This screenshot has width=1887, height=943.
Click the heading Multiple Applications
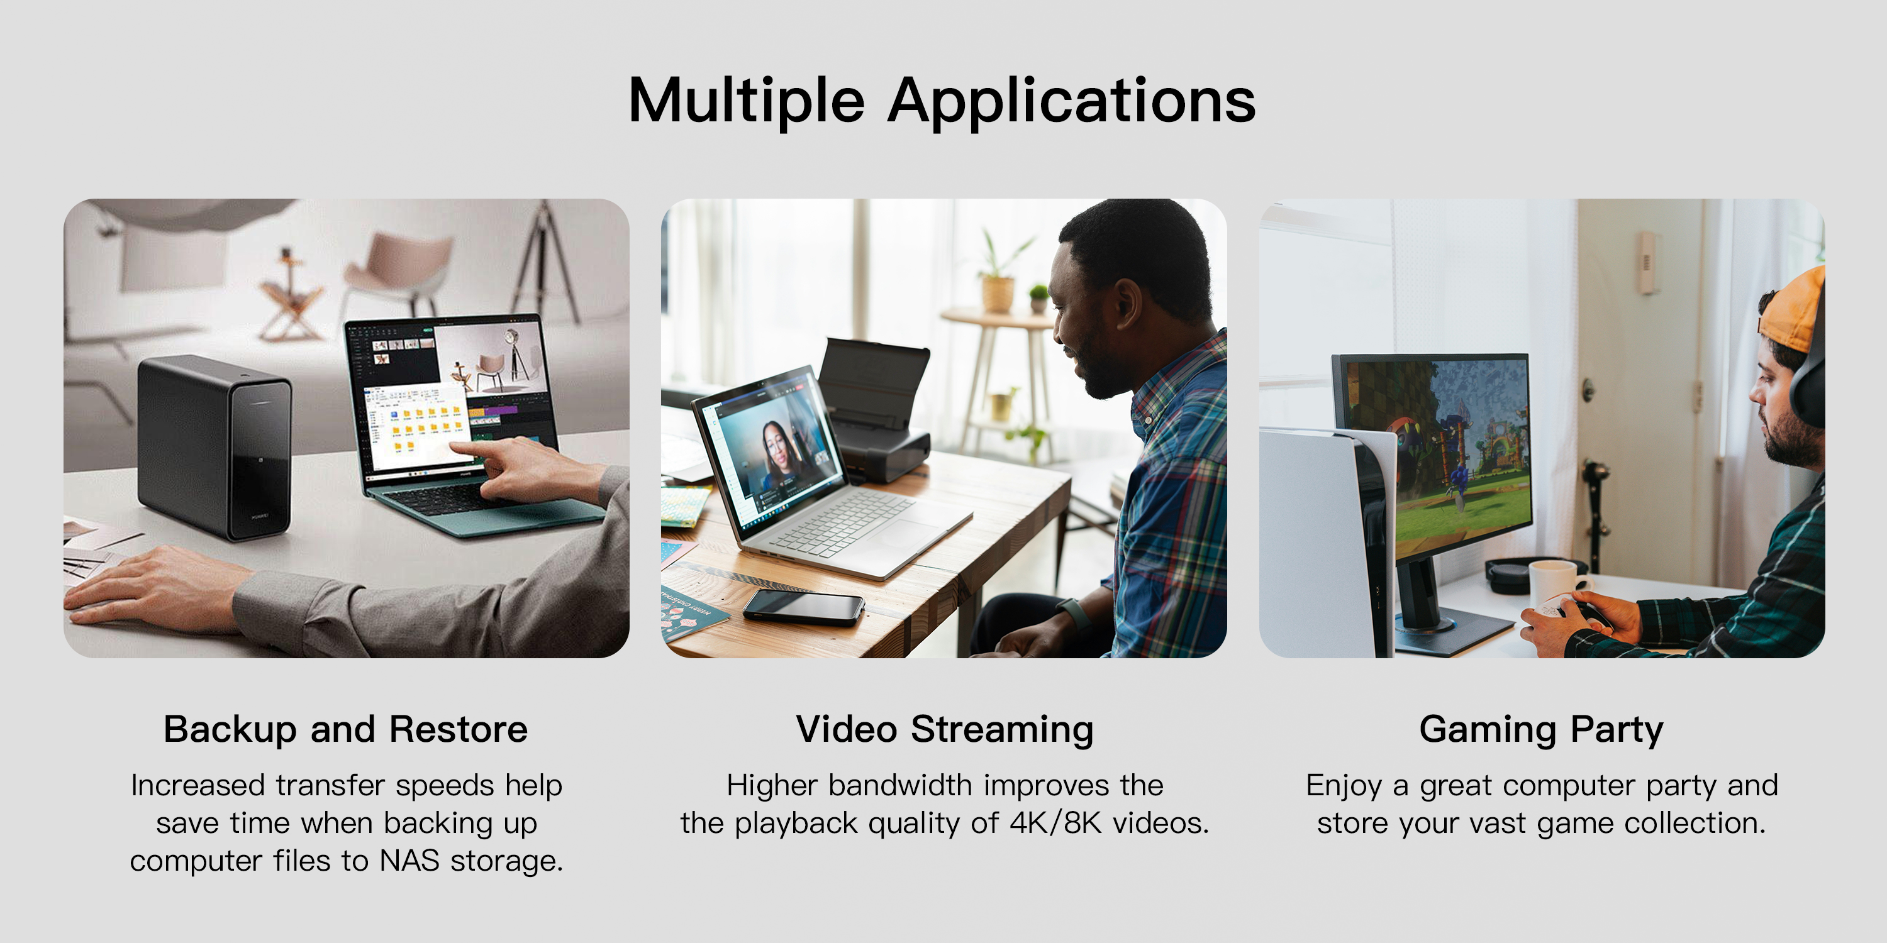tap(942, 101)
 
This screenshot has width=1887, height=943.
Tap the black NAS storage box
tap(215, 446)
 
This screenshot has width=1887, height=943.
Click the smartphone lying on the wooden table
tap(804, 607)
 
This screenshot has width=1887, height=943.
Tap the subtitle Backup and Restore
tap(346, 729)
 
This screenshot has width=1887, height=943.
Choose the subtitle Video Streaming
tap(945, 729)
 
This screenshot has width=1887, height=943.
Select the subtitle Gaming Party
tap(1541, 729)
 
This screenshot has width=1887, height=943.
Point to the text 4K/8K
tap(1055, 823)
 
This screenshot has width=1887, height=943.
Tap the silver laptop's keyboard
tap(842, 523)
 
